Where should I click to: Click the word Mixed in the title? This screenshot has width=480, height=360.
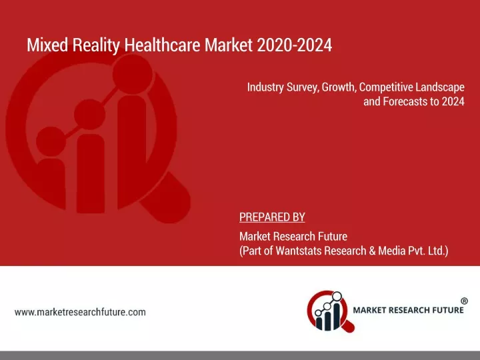(47, 45)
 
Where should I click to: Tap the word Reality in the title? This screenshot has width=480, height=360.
(96, 45)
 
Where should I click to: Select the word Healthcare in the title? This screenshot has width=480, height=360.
(162, 45)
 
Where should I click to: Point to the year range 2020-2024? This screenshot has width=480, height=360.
(295, 45)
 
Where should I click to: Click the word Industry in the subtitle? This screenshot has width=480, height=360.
(265, 87)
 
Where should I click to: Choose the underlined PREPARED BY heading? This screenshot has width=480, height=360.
(272, 217)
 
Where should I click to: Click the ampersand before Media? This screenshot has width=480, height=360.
(372, 251)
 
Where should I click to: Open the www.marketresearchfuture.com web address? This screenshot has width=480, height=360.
(80, 312)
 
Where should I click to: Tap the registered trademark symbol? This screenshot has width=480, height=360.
(464, 301)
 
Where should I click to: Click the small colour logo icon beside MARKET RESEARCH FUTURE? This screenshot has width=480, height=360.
(331, 311)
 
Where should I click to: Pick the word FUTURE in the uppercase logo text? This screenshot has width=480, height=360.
(447, 310)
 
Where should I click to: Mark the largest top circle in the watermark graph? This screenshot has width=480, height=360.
(132, 74)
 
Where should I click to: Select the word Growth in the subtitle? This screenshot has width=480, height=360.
(339, 87)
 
